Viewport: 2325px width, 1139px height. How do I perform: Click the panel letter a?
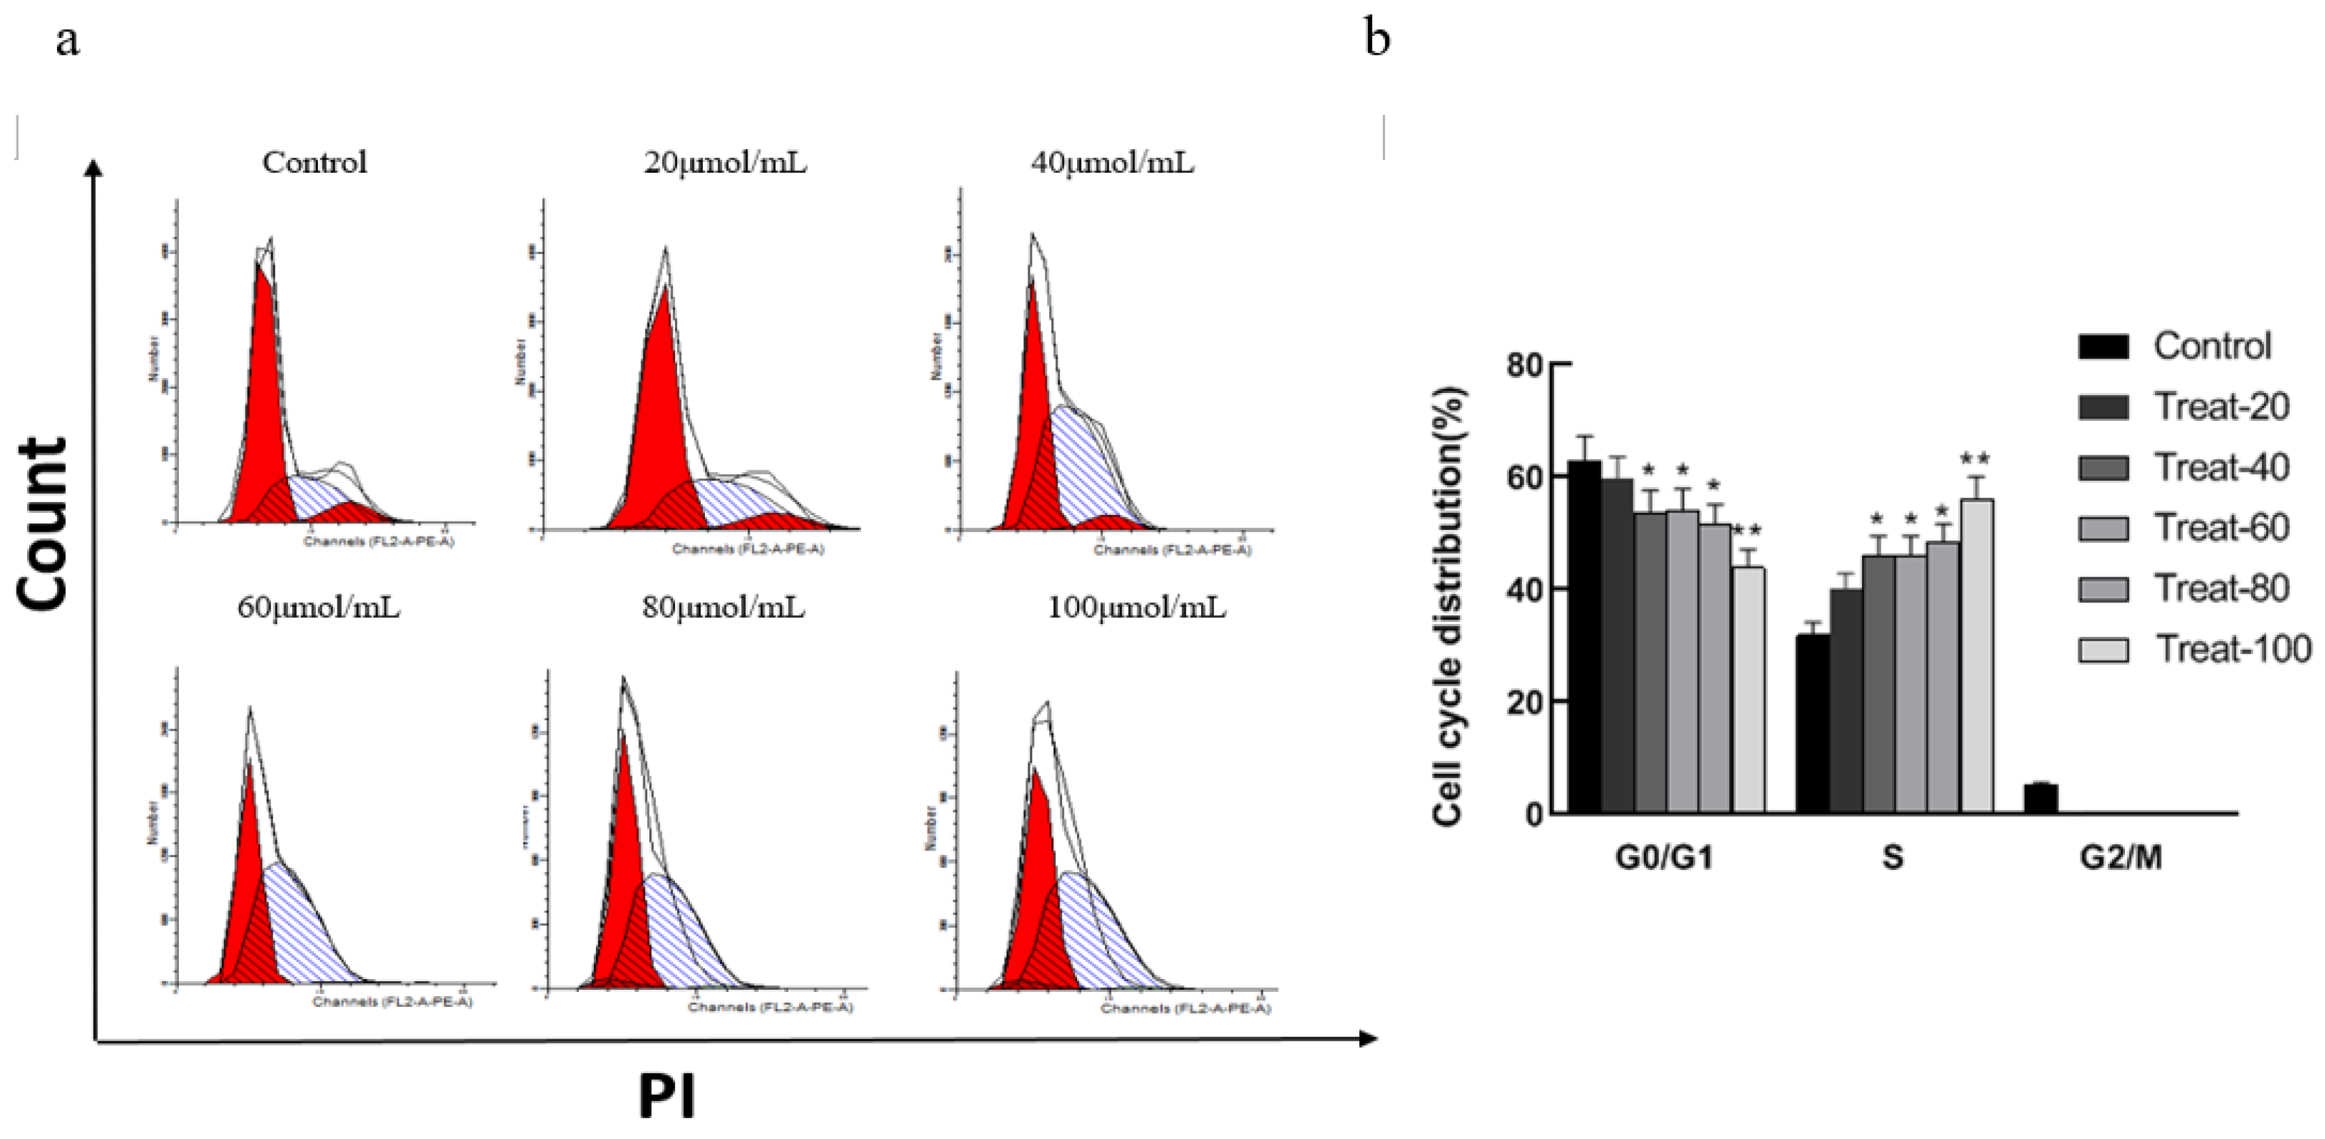click(x=67, y=41)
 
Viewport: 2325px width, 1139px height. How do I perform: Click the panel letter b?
click(x=1377, y=39)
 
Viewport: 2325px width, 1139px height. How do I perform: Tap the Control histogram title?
click(x=315, y=163)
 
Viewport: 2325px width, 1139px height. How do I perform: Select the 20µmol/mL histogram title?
click(x=725, y=163)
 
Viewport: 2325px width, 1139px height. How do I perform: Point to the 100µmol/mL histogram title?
click(x=1136, y=607)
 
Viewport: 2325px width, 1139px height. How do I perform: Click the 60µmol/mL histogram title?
click(x=319, y=607)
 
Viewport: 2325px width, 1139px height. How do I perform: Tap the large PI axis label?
click(x=667, y=1096)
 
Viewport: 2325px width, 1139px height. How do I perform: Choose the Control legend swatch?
click(x=2103, y=346)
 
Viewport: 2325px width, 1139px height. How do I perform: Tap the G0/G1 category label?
click(x=1663, y=856)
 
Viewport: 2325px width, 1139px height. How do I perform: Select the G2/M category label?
click(x=2121, y=856)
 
